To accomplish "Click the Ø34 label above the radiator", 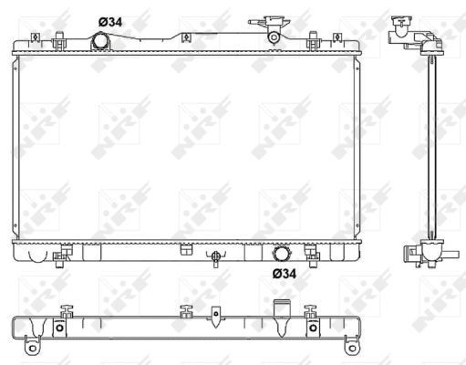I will [x=109, y=22].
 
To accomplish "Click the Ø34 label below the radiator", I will [x=285, y=272].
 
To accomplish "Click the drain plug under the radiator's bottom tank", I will [x=214, y=257].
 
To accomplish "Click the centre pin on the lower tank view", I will [x=215, y=316].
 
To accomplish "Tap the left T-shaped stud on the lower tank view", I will [x=66, y=310].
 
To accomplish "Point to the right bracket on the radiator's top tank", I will [x=313, y=41].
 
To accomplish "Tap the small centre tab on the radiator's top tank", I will [x=185, y=39].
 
